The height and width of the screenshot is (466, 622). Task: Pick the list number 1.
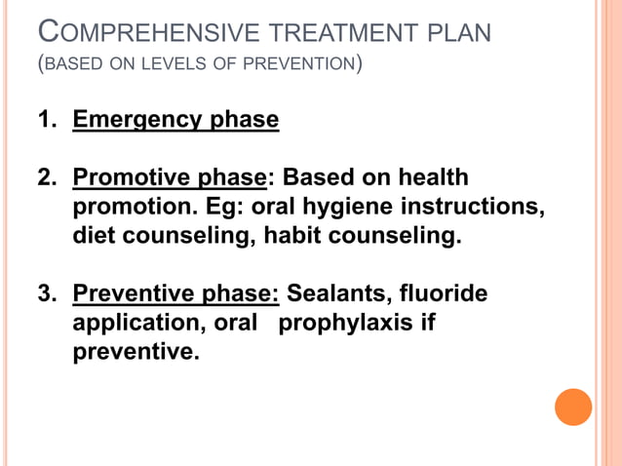click(46, 121)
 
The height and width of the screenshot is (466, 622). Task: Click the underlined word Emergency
click(136, 121)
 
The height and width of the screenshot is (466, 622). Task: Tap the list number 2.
click(46, 178)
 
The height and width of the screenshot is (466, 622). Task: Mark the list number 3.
click(46, 293)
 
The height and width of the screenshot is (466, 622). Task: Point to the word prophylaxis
click(347, 323)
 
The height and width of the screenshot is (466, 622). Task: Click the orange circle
click(573, 407)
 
